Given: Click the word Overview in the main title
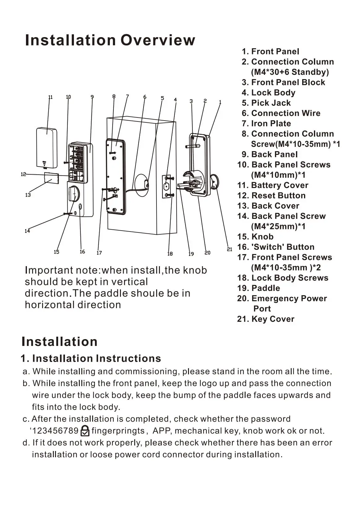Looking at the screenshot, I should coord(158,40).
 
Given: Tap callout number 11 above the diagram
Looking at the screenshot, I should coord(50,97).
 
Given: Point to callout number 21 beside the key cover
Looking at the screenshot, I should coord(229,249).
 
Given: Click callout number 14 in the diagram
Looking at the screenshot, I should coord(27,231).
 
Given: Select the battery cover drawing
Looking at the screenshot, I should coord(46,147).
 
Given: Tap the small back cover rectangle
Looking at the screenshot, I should coord(51,178).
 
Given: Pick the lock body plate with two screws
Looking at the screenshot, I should coord(167,186).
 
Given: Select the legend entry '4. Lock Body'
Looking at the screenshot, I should coord(268,93).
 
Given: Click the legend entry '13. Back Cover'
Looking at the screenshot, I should coord(268,206).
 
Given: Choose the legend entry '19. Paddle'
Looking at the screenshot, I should coord(259,288).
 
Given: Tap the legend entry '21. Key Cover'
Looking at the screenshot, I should coord(266,319).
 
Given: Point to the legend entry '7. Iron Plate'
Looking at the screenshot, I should coord(266,124).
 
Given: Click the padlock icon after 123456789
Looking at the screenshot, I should coord(85,431).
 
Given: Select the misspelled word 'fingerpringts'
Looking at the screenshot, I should coord(118,431).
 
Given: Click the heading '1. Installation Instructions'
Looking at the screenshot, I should coord(91,358).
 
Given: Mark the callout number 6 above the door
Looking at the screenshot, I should coord(145,97).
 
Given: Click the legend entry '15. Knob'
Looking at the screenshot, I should coord(255,237).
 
